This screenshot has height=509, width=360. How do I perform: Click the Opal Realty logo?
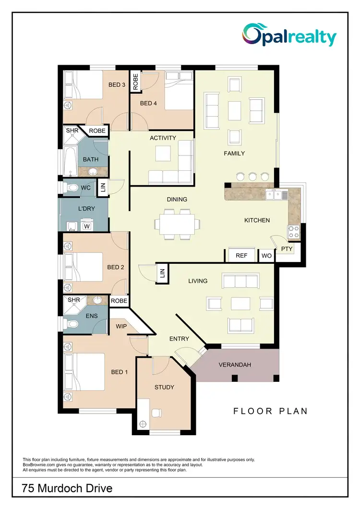289,36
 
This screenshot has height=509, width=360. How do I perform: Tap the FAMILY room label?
234,154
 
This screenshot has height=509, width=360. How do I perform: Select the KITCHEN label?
257,220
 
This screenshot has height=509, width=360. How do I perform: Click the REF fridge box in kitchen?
241,256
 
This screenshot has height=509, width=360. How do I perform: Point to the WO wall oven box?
266,256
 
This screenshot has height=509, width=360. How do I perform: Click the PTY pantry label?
287,249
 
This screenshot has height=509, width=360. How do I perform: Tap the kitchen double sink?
276,194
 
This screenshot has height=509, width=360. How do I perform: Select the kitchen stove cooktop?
293,232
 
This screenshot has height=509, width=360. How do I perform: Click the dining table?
177,224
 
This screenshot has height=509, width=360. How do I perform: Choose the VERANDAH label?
235,365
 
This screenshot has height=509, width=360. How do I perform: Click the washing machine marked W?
87,226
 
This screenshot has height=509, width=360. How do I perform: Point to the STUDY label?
164,387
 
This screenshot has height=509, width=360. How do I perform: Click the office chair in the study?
156,413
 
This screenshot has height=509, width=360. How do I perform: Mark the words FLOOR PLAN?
270,411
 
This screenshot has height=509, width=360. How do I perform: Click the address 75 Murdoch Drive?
67,488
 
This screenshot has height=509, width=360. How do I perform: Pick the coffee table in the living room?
239,304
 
